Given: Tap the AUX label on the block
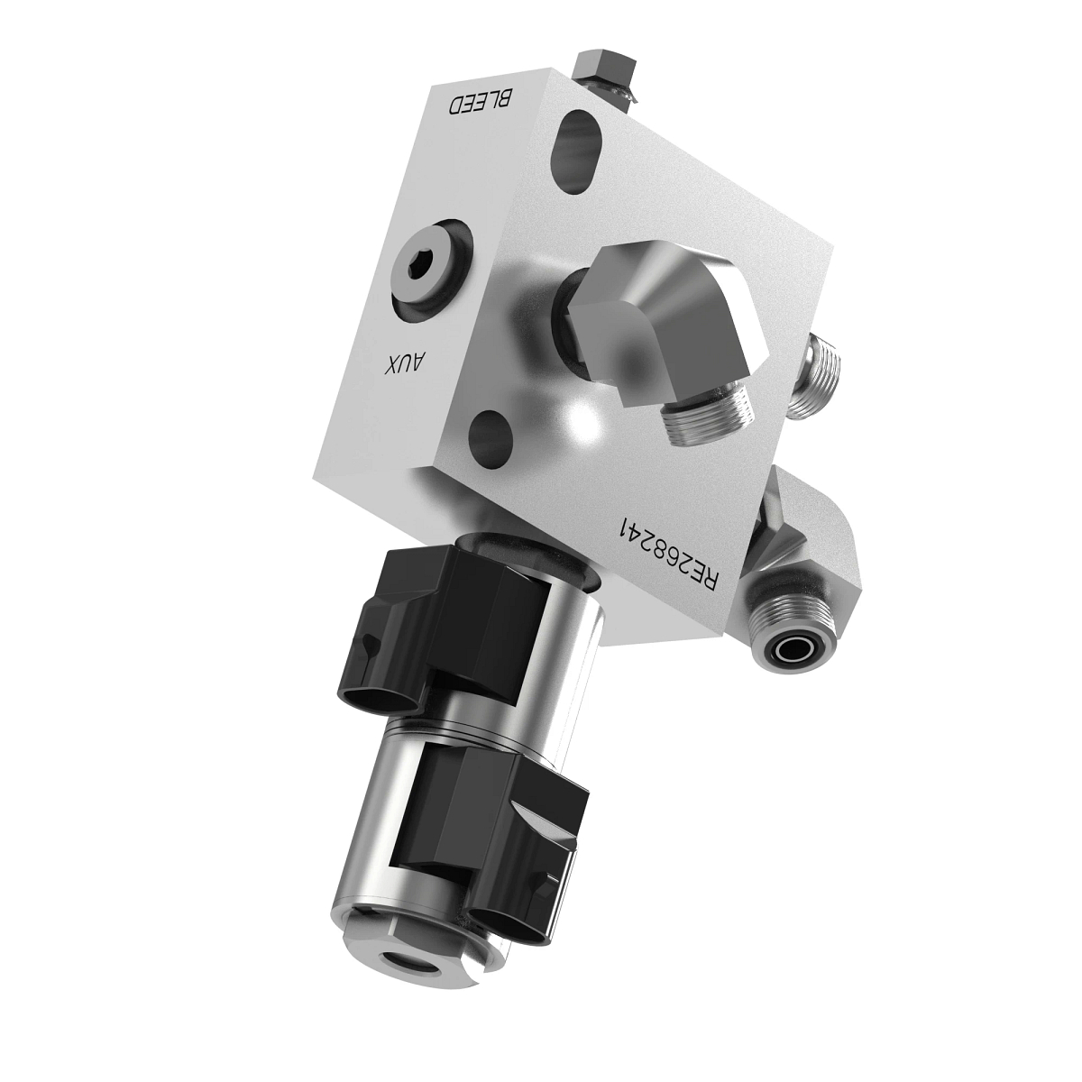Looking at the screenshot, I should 406,365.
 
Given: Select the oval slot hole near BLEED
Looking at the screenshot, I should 581,149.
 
